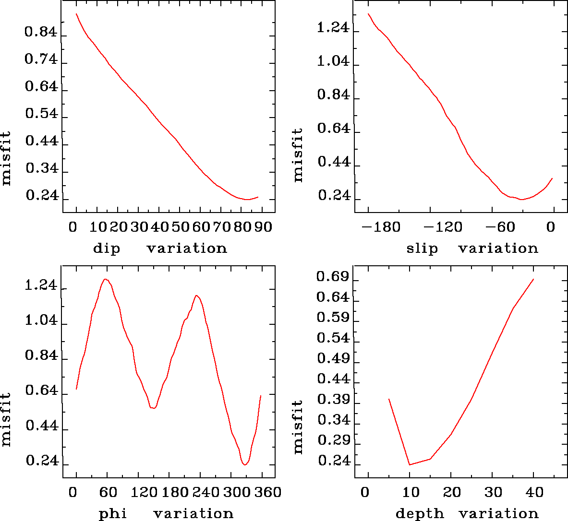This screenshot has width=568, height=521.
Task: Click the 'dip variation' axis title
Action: pyautogui.click(x=160, y=249)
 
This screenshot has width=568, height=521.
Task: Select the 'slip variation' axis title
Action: pyautogui.click(x=472, y=249)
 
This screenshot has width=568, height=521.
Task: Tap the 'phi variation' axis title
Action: pyautogui.click(x=166, y=514)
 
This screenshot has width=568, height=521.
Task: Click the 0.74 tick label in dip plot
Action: pyautogui.click(x=41, y=60)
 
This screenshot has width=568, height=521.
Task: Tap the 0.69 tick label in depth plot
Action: pyautogui.click(x=333, y=277)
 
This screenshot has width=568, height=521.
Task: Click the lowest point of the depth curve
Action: pyautogui.click(x=410, y=464)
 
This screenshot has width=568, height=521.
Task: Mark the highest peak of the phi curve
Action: pyautogui.click(x=105, y=279)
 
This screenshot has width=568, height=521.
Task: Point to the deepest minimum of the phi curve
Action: pyautogui.click(x=245, y=465)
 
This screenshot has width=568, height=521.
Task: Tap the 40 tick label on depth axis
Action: pyautogui.click(x=534, y=492)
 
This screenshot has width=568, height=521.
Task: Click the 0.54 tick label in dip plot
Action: pyautogui.click(x=41, y=114)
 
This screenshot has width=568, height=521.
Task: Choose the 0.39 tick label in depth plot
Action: pyautogui.click(x=333, y=400)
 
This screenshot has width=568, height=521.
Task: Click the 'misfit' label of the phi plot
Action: pyautogui.click(x=6, y=420)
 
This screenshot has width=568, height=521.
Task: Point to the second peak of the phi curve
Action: pyautogui.click(x=196, y=296)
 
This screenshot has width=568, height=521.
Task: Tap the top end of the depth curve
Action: pyautogui.click(x=533, y=279)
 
